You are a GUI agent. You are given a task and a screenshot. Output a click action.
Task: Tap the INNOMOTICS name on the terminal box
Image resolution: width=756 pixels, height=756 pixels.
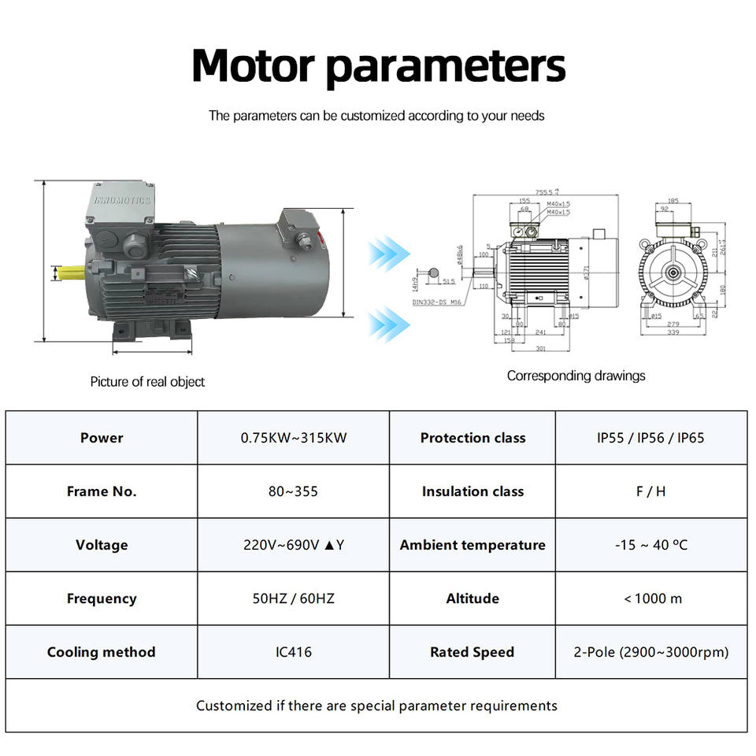121,200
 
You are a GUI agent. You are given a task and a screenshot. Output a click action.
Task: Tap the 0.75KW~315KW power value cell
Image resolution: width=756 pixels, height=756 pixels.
293,438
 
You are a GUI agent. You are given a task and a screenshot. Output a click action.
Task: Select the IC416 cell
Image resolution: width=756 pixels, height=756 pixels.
293,652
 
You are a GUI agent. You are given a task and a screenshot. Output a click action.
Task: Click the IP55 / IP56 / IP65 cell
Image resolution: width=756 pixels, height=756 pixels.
650,438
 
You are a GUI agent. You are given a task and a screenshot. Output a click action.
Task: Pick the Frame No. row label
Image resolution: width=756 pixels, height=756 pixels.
102,491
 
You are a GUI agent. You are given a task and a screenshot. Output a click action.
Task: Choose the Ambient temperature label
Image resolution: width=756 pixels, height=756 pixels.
472,545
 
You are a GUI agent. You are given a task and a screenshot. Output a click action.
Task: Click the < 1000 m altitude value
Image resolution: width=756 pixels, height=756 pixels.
652,598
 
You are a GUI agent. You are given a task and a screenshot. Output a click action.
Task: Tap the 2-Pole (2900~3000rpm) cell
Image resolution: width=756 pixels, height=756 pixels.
650,652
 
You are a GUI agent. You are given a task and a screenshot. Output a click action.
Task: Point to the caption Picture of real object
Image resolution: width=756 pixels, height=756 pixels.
147,382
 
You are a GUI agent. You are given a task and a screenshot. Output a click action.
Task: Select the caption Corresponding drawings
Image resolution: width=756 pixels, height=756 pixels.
576,376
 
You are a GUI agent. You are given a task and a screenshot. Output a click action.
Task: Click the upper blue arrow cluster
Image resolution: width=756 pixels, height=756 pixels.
389,254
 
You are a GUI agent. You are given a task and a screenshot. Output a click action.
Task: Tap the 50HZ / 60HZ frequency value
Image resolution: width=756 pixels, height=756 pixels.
293,598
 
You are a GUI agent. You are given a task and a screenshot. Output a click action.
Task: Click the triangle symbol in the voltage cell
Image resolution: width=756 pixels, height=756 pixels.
328,545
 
